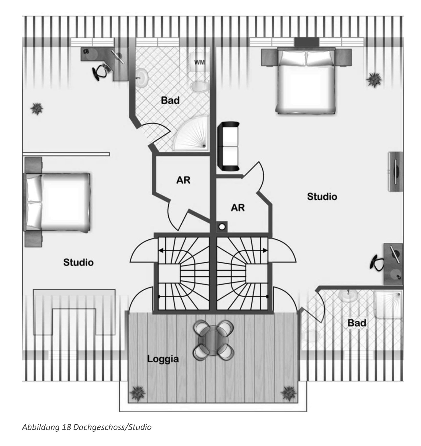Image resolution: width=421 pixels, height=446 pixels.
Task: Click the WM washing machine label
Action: pos(200,62)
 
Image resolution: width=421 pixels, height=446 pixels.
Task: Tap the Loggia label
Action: pos(163,359)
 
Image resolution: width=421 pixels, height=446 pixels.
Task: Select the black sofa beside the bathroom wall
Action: pos(228,146)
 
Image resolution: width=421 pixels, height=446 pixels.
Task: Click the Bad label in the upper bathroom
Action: pos(170,100)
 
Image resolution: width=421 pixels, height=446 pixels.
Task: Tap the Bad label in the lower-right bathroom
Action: pos(357,323)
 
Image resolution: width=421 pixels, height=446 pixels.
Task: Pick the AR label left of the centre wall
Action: pos(183,180)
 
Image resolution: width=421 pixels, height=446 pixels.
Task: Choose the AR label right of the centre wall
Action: pos(238,207)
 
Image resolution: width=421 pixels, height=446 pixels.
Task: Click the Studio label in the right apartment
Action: pos(322,197)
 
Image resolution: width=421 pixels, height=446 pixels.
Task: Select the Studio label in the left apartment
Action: pos(78,262)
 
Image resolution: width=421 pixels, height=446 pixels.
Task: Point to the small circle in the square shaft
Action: pos(221,227)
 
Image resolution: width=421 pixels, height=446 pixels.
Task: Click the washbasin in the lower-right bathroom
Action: pos(348,295)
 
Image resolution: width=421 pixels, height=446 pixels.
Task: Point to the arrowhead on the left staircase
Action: pos(161,251)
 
